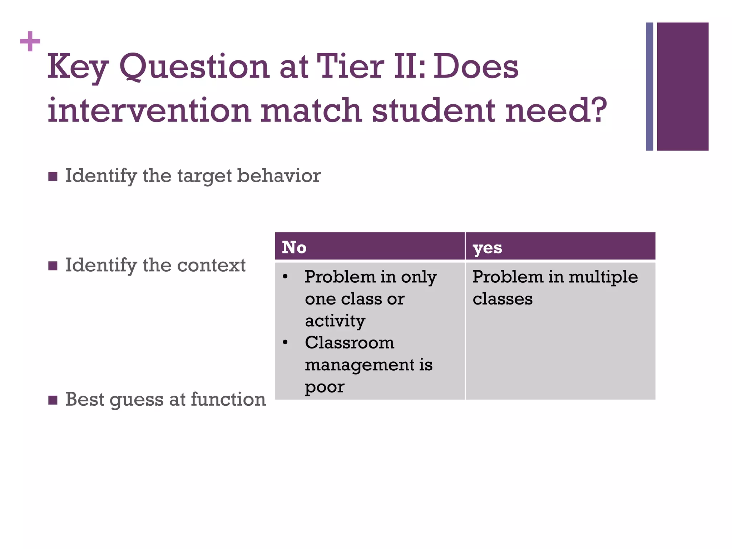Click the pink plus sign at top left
pyautogui.click(x=30, y=41)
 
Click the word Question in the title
pyautogui.click(x=194, y=67)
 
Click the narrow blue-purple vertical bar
pyautogui.click(x=649, y=86)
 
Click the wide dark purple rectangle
pyautogui.click(x=683, y=86)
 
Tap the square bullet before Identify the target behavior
pyautogui.click(x=53, y=177)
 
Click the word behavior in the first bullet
pyautogui.click(x=279, y=176)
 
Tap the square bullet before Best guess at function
pyautogui.click(x=53, y=400)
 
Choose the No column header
pyautogui.click(x=294, y=247)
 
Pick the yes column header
pyautogui.click(x=487, y=247)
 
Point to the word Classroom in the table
pyautogui.click(x=350, y=343)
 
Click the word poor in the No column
pyautogui.click(x=325, y=387)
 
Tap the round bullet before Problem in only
pyautogui.click(x=285, y=277)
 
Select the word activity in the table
pyautogui.click(x=335, y=321)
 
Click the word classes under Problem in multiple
pyautogui.click(x=502, y=299)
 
